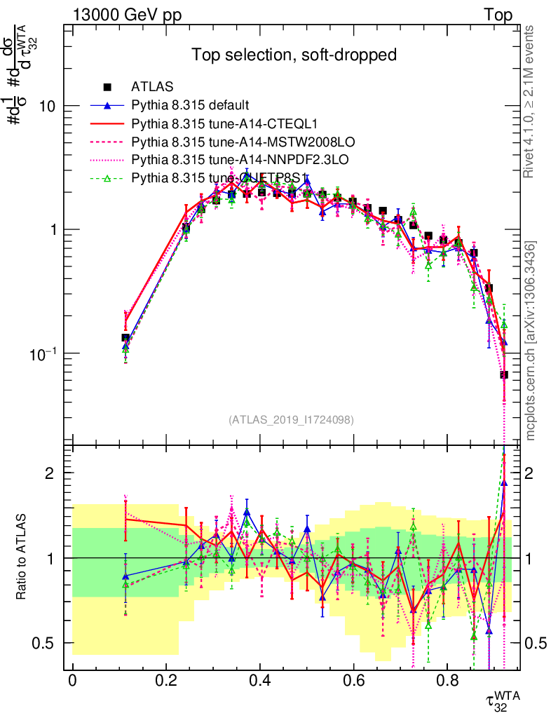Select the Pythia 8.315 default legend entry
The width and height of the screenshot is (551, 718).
point(190,106)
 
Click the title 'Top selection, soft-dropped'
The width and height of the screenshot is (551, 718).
point(294,55)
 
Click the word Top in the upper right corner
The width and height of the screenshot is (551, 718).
point(498,15)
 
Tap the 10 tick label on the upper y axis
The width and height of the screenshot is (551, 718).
point(46,107)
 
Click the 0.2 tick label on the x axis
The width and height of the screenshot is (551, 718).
point(166,681)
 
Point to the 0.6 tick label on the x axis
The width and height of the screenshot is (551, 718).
point(353,681)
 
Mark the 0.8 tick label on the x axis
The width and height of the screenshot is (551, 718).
point(447,681)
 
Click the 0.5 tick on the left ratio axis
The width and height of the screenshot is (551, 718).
point(43,643)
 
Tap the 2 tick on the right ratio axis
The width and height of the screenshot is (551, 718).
point(520,473)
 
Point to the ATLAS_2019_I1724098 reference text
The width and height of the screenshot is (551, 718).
point(290,420)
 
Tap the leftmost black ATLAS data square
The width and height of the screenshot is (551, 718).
point(125,338)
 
